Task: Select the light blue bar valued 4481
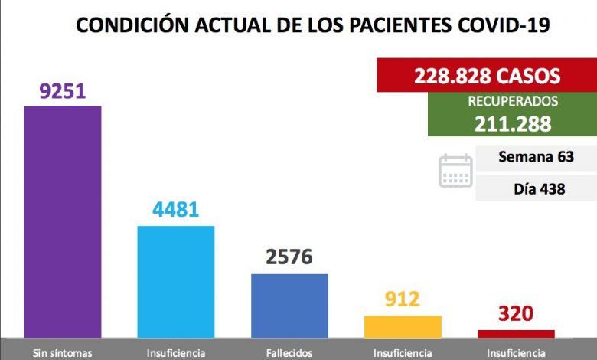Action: pos(175,281)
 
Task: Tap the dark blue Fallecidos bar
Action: pos(289,305)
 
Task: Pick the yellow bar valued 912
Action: pos(403,326)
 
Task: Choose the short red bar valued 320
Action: pos(516,333)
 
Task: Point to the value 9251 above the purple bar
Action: pos(63,92)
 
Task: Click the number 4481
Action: pos(175,209)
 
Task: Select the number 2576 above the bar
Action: pos(289,257)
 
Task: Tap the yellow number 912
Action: pos(403,299)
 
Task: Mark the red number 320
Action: pos(516,314)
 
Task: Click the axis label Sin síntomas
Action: pos(63,353)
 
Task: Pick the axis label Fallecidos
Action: pos(289,353)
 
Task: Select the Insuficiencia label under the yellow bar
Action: pos(403,353)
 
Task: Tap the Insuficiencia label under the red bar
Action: pos(516,353)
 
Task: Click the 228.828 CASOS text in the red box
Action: pos(487,77)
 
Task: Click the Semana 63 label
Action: pos(536,158)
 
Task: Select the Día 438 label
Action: pos(536,188)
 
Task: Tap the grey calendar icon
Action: pos(455,172)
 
